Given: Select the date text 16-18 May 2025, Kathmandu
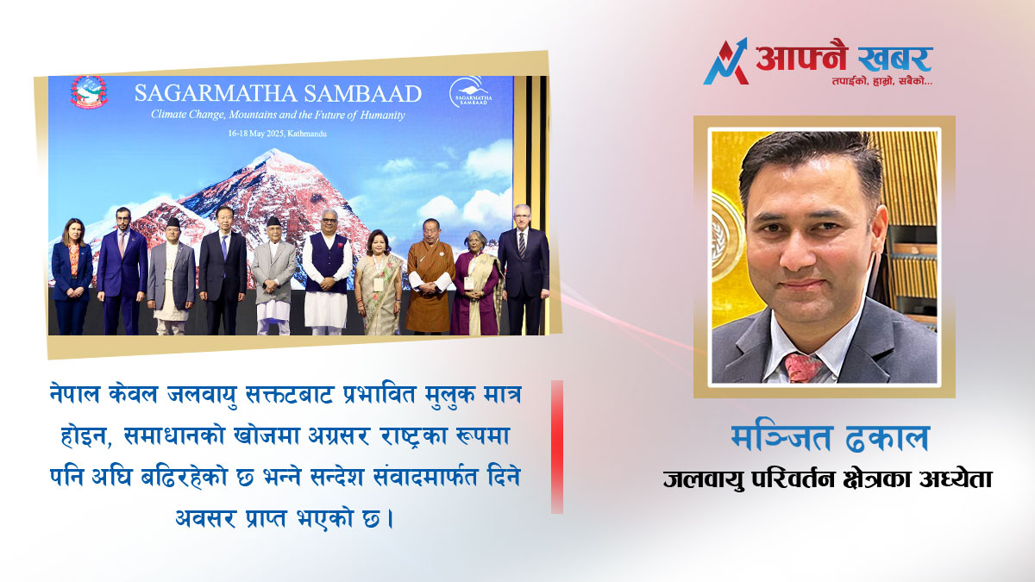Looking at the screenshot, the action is pyautogui.click(x=277, y=134).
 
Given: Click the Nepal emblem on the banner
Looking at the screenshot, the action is pyautogui.click(x=89, y=92).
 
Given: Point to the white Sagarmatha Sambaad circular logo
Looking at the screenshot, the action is pyautogui.click(x=470, y=92).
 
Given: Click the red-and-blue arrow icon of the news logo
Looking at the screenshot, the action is pyautogui.click(x=726, y=61).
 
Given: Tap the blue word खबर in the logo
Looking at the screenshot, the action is pyautogui.click(x=894, y=59).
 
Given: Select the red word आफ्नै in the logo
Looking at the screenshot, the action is pyautogui.click(x=800, y=57).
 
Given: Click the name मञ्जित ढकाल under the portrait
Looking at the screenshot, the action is pyautogui.click(x=831, y=438).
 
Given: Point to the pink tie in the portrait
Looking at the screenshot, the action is pyautogui.click(x=804, y=367).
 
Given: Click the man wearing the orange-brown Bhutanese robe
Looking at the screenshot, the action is pyautogui.click(x=430, y=276).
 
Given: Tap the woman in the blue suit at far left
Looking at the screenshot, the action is pyautogui.click(x=72, y=276).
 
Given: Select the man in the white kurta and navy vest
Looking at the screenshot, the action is pyautogui.click(x=327, y=272).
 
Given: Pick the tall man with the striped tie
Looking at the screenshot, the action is pyautogui.click(x=523, y=269).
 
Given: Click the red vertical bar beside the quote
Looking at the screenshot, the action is pyautogui.click(x=557, y=447).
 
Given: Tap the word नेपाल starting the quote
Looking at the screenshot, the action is pyautogui.click(x=74, y=394).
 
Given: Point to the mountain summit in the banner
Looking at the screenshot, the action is pyautogui.click(x=275, y=151).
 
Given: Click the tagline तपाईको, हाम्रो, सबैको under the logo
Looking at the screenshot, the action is pyautogui.click(x=882, y=81).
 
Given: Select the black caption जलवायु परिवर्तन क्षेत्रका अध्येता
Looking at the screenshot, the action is pyautogui.click(x=827, y=479).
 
